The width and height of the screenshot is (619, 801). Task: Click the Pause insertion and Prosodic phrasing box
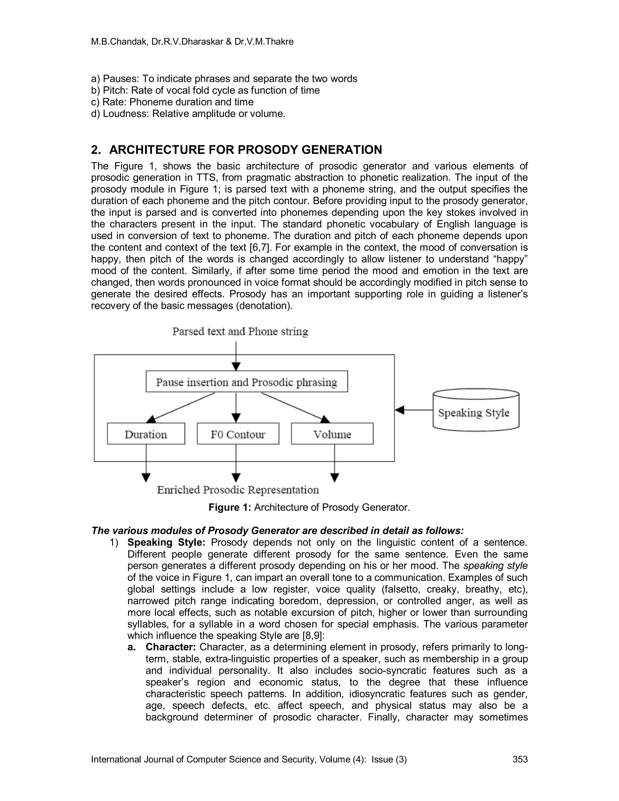[246, 382]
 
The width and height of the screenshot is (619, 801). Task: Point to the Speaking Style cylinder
[476, 411]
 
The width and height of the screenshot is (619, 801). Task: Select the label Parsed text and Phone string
[240, 332]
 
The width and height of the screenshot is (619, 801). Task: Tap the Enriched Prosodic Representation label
[238, 490]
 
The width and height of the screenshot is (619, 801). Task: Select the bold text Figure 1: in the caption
[230, 508]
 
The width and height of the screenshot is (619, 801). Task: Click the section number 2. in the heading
[96, 150]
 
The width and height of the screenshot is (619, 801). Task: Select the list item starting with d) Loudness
[188, 114]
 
